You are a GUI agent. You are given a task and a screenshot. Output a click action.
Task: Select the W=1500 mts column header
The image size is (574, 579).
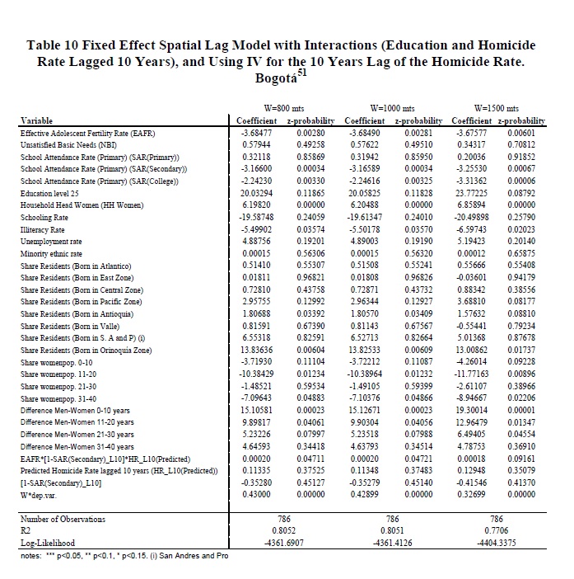click(x=493, y=107)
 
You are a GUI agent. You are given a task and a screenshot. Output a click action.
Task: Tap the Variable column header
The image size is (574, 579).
click(x=36, y=120)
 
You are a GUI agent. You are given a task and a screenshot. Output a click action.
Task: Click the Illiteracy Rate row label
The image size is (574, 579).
click(x=42, y=228)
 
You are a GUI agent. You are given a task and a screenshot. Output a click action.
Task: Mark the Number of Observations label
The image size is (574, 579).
click(x=63, y=519)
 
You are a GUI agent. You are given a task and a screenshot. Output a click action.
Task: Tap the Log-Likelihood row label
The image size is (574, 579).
click(x=46, y=544)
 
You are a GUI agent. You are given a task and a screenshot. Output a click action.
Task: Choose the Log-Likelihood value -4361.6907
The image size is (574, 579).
click(x=280, y=544)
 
